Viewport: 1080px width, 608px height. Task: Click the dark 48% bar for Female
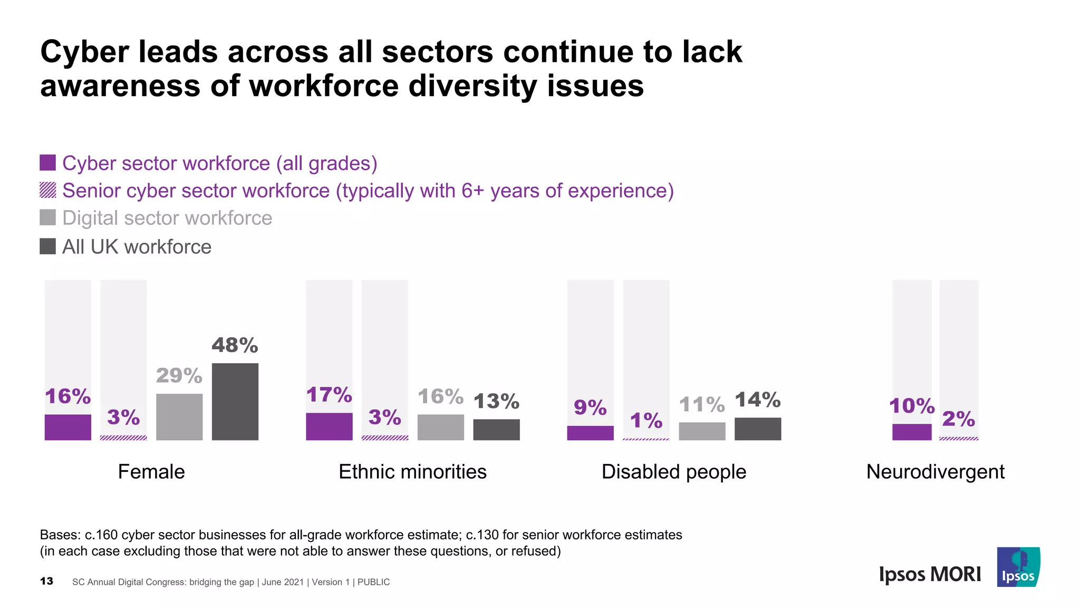[235, 402]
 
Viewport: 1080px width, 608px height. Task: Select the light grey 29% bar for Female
[179, 417]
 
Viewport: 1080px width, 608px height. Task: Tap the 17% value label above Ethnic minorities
[329, 395]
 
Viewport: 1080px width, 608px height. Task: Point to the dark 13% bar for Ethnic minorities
[496, 430]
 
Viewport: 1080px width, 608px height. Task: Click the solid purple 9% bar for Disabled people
[590, 433]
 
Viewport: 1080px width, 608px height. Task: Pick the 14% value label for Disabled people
[757, 400]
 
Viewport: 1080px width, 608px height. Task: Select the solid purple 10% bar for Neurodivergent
[912, 432]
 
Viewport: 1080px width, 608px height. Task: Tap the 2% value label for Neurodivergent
[958, 419]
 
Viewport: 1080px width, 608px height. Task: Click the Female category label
[151, 471]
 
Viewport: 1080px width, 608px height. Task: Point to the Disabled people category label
[674, 471]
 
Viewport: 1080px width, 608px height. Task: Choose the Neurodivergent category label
[935, 471]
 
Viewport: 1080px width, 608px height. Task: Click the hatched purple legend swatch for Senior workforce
[48, 190]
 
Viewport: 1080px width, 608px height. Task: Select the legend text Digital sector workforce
[167, 218]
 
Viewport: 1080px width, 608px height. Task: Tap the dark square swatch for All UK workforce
[48, 246]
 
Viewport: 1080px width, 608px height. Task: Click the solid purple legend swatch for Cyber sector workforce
[48, 163]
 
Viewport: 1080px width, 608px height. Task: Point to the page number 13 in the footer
[46, 581]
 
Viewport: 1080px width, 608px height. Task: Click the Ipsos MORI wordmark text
[930, 574]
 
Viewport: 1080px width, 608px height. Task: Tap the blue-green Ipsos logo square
[1018, 567]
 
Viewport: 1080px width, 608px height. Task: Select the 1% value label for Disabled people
[646, 421]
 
